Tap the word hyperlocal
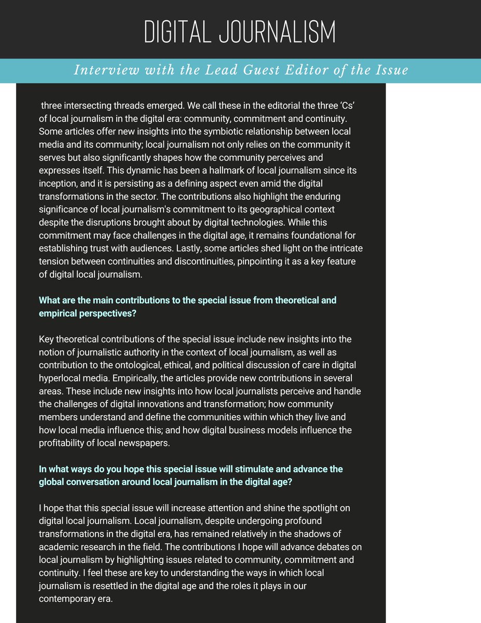coord(64,378)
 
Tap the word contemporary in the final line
coord(67,598)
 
